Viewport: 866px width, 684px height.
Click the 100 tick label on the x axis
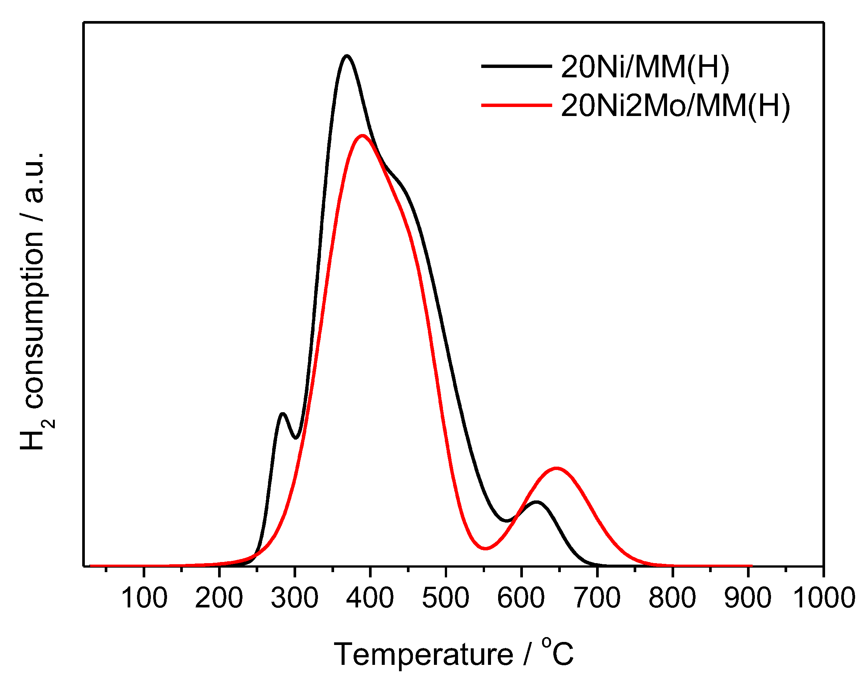144,598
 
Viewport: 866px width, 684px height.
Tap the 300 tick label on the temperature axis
294,598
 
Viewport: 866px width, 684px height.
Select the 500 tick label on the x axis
445,598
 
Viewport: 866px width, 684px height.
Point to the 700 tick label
597,598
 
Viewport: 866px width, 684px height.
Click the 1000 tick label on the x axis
824,598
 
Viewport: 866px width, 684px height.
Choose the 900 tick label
747,598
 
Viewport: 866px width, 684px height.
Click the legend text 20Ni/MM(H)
645,66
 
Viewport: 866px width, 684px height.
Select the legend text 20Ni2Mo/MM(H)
675,106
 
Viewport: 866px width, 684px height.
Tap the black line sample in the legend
516,66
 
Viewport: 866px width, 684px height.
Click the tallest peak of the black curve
347,56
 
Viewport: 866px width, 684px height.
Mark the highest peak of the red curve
362,136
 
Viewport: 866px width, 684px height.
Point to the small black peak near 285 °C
283,413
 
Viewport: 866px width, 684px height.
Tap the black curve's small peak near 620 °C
536,502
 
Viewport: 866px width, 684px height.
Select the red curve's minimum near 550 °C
485,548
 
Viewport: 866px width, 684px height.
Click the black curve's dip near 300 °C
296,438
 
